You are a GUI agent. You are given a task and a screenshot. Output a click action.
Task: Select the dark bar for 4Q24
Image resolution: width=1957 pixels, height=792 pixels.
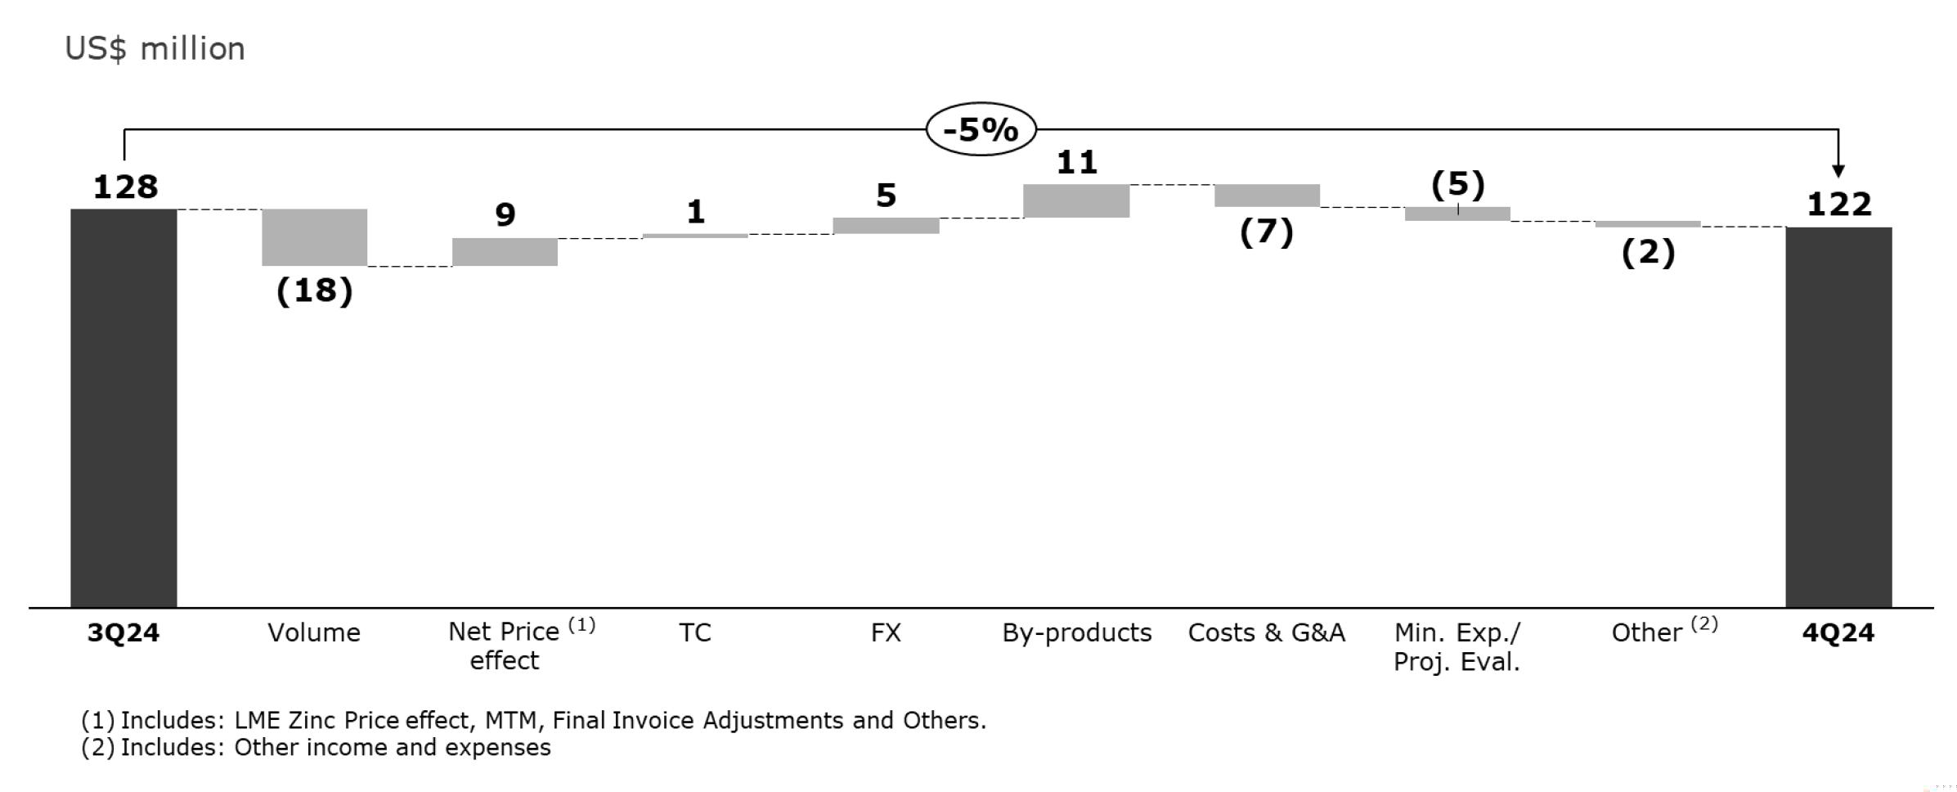pyautogui.click(x=1838, y=416)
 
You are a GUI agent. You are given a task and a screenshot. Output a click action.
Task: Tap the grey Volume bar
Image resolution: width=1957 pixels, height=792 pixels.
pyautogui.click(x=314, y=237)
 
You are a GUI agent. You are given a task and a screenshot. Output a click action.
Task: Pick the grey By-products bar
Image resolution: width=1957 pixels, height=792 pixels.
pyautogui.click(x=1076, y=200)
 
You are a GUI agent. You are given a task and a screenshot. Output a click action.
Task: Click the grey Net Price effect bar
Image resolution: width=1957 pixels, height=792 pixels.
pyautogui.click(x=505, y=252)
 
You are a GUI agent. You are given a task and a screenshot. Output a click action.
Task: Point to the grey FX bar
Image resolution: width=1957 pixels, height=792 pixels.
pyautogui.click(x=886, y=225)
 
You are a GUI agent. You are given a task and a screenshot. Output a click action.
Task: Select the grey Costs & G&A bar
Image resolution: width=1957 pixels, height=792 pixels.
pyautogui.click(x=1267, y=196)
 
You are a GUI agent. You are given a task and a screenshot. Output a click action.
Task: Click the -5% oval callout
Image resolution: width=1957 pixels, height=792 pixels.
pyautogui.click(x=981, y=129)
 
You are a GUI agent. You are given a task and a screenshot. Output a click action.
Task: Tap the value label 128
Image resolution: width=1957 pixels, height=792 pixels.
pyautogui.click(x=125, y=187)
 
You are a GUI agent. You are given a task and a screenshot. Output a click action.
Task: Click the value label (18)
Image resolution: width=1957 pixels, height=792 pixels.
pyautogui.click(x=314, y=290)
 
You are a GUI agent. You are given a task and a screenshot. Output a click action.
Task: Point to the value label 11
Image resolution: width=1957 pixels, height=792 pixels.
pyautogui.click(x=1076, y=162)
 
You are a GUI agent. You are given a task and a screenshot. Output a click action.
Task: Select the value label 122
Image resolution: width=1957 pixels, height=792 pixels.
pyautogui.click(x=1838, y=205)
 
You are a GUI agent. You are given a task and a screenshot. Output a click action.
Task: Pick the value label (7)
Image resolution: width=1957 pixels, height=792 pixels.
pyautogui.click(x=1266, y=232)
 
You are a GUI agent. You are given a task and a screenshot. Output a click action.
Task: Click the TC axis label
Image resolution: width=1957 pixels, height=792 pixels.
pyautogui.click(x=695, y=632)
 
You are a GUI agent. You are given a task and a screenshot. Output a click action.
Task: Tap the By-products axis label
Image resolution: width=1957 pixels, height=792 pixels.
pyautogui.click(x=1076, y=632)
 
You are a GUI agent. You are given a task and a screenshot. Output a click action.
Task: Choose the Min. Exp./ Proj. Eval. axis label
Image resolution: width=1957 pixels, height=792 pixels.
pyautogui.click(x=1457, y=646)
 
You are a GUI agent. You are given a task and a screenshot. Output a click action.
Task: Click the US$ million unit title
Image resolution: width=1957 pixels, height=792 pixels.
pyautogui.click(x=155, y=49)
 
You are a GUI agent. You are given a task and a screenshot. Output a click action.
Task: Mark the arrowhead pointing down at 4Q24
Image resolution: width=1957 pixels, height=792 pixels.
pyautogui.click(x=1838, y=171)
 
